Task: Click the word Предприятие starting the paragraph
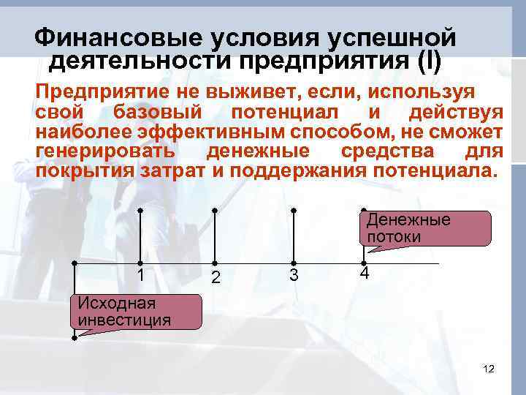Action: pyautogui.click(x=102, y=94)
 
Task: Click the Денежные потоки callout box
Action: pyautogui.click(x=427, y=228)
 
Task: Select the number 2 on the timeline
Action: pyautogui.click(x=215, y=277)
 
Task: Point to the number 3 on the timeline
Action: pyautogui.click(x=294, y=275)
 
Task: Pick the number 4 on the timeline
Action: pyautogui.click(x=364, y=274)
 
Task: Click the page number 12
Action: pyautogui.click(x=489, y=369)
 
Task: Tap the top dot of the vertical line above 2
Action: pyautogui.click(x=215, y=210)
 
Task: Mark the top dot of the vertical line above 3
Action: pyautogui.click(x=294, y=210)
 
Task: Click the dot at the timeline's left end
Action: pyautogui.click(x=75, y=263)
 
